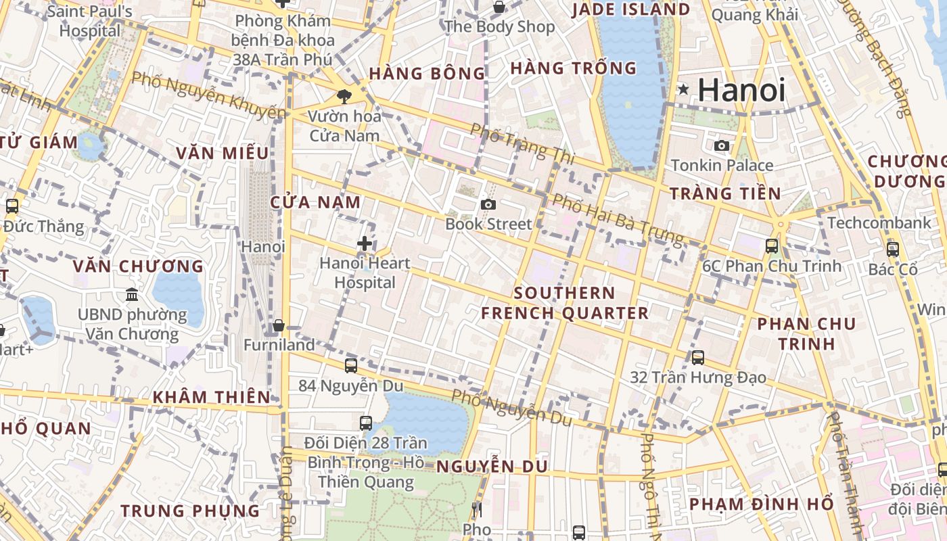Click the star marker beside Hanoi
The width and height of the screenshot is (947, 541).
[684, 89]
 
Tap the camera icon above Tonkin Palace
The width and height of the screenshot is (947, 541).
[722, 145]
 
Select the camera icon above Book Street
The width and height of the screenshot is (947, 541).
[488, 204]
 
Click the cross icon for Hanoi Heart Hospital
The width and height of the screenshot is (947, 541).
[365, 243]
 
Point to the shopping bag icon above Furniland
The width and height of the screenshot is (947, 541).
[278, 326]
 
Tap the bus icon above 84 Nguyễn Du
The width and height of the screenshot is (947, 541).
[350, 366]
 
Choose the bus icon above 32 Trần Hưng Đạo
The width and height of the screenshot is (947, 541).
[697, 357]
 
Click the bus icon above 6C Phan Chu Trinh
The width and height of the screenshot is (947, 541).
[771, 246]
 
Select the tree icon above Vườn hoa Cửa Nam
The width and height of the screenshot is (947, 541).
[344, 97]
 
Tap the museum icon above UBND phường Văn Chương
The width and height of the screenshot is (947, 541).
[132, 295]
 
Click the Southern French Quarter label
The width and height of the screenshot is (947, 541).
[564, 303]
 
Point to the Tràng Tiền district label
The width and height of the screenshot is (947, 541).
[725, 193]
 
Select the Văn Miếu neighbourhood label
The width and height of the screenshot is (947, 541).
[223, 154]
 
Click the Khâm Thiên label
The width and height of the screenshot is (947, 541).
[212, 397]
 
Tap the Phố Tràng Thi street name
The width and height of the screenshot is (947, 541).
[522, 143]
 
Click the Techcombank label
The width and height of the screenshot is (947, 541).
[879, 222]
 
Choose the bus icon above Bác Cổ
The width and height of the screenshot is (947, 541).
[892, 249]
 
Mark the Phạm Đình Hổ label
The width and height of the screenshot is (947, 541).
[761, 504]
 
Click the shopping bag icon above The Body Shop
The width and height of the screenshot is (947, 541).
[499, 7]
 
